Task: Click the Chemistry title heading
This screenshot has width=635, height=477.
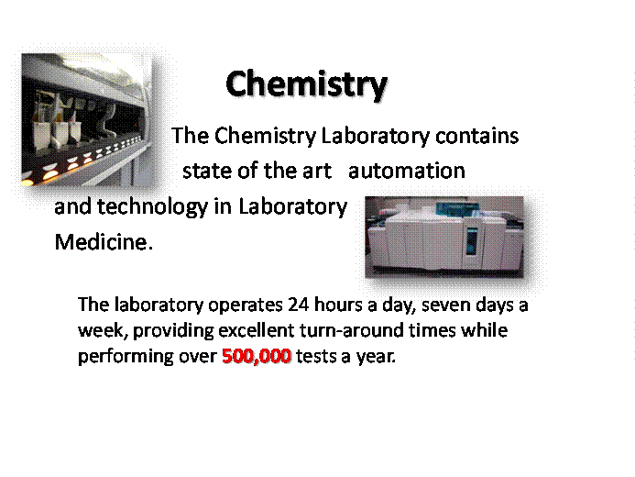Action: click(x=307, y=84)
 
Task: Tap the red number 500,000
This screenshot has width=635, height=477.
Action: click(x=257, y=356)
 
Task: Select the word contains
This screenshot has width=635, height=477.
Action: click(x=476, y=136)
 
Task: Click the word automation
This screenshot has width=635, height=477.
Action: click(x=407, y=171)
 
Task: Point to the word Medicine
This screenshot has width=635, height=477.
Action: click(x=104, y=242)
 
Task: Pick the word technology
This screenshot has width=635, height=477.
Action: click(x=152, y=207)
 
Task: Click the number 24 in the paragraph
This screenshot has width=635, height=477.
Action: click(x=299, y=304)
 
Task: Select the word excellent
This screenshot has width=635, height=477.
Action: click(x=257, y=330)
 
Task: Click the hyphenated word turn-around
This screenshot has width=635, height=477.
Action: click(x=352, y=330)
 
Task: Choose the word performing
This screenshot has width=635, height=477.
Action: click(x=126, y=357)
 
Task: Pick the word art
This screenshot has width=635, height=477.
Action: click(x=317, y=171)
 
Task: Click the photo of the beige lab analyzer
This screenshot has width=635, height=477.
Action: click(x=444, y=237)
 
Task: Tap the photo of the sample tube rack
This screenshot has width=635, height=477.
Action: click(x=87, y=120)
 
